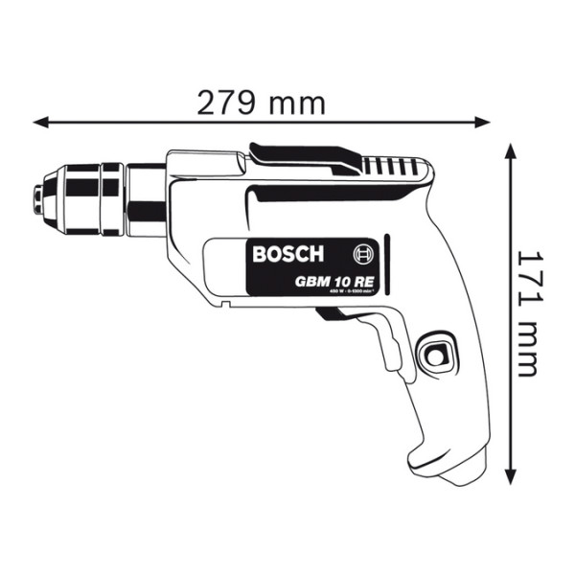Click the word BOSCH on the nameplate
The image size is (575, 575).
(288, 255)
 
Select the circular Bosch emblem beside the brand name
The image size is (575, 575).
(363, 254)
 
